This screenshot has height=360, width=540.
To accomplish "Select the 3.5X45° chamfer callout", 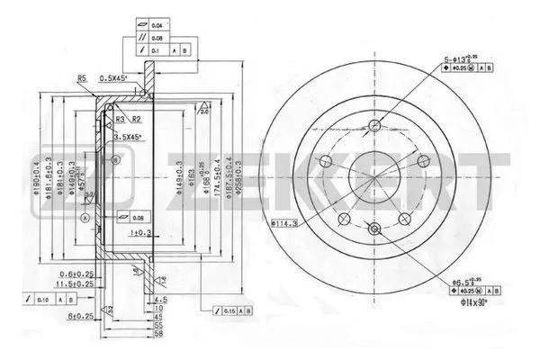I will (x=131, y=136).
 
